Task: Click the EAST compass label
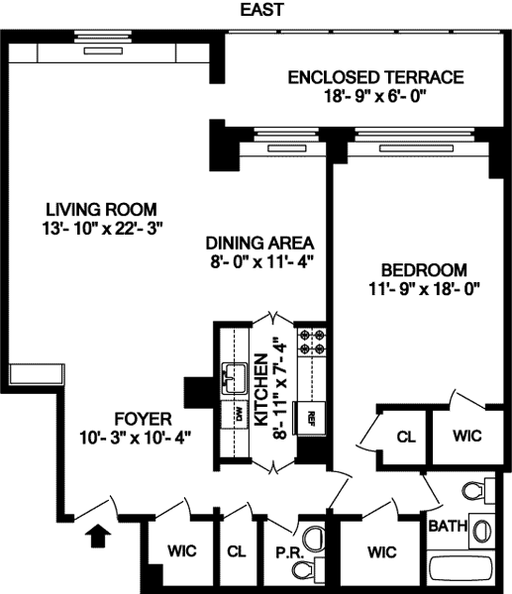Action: [261, 10]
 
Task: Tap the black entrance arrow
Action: [98, 536]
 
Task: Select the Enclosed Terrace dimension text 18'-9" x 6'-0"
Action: [375, 96]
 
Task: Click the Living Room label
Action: [101, 210]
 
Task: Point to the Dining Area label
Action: [259, 243]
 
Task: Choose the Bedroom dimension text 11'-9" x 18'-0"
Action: [424, 289]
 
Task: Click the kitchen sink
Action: [235, 379]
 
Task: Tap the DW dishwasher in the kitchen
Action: [235, 416]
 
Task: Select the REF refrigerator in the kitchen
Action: [310, 418]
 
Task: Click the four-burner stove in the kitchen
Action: [312, 343]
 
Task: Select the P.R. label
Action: [289, 553]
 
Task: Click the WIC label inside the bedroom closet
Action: [466, 436]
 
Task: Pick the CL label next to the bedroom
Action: [406, 438]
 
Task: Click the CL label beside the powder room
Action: [237, 551]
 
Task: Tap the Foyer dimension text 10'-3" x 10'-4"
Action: [135, 439]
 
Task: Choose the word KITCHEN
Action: [261, 390]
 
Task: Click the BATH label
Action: [448, 527]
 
